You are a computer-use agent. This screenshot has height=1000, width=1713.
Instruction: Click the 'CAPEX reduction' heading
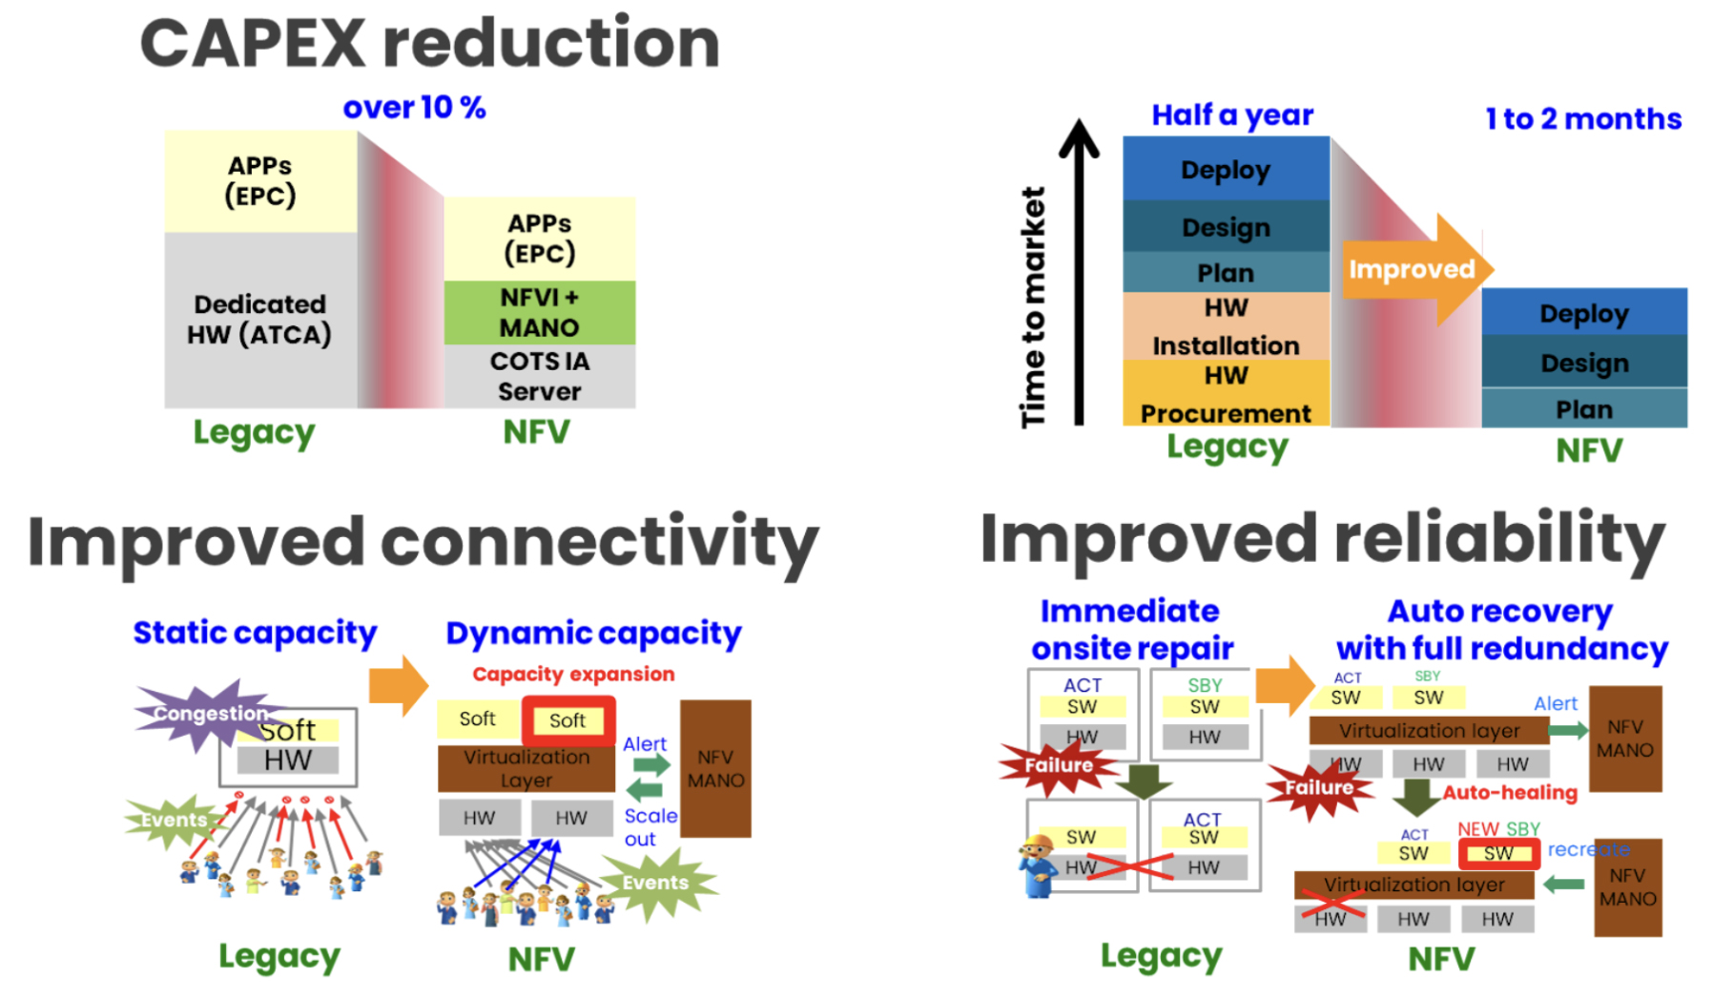(x=429, y=44)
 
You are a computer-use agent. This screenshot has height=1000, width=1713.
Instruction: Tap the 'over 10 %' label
(x=414, y=108)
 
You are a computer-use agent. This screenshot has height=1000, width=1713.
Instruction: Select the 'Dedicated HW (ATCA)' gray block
(x=259, y=320)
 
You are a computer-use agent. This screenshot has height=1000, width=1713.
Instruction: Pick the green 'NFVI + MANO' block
(x=539, y=312)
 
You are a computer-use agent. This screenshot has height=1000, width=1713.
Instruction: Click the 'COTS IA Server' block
(x=539, y=376)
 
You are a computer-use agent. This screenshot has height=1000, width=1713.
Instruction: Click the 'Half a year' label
(x=1231, y=115)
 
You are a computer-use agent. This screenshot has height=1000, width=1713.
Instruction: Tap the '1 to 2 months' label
(x=1583, y=119)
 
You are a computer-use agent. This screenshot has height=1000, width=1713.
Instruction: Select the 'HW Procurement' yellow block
(x=1226, y=394)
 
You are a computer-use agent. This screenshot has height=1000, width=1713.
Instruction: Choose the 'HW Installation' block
(x=1226, y=326)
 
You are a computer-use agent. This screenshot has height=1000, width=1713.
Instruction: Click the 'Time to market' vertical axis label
(x=1033, y=307)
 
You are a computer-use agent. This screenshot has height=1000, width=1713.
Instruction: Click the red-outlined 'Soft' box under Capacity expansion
(x=568, y=720)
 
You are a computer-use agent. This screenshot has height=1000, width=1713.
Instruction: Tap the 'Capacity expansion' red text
(x=573, y=674)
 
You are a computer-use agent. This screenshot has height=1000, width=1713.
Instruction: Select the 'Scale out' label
(x=650, y=827)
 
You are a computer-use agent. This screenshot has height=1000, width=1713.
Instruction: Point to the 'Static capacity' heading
(x=255, y=633)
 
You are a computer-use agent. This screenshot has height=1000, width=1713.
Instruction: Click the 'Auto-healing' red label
(x=1509, y=792)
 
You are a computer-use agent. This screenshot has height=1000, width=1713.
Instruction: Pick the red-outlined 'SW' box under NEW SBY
(x=1498, y=853)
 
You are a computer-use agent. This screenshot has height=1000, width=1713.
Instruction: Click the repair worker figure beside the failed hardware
(x=1038, y=865)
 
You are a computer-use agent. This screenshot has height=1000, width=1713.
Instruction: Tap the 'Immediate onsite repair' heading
(x=1132, y=630)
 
